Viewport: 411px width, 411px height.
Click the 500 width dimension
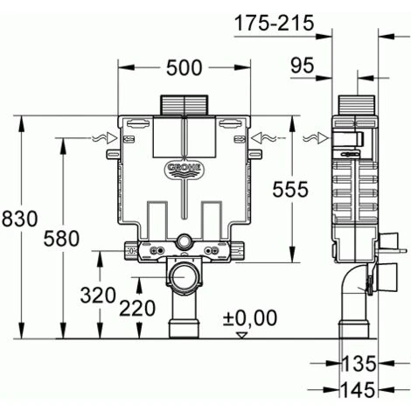(x=184, y=67)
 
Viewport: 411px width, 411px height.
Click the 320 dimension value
(x=98, y=295)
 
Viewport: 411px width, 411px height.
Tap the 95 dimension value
(x=303, y=65)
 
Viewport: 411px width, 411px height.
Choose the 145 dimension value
(x=359, y=387)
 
